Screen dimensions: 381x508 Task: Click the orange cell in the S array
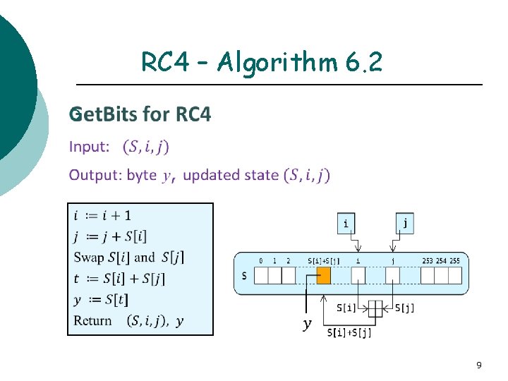click(324, 275)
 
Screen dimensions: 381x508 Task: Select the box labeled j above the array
click(405, 224)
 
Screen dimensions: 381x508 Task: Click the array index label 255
click(454, 261)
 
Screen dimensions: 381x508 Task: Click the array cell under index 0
click(260, 275)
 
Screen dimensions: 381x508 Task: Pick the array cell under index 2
click(288, 275)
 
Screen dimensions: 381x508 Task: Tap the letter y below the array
click(306, 324)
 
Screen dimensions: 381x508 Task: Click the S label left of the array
click(244, 275)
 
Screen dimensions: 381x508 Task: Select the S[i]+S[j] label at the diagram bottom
click(349, 332)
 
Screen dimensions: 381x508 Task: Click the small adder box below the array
click(375, 308)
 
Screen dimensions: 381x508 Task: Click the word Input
click(89, 147)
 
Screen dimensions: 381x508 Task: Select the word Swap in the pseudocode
click(88, 257)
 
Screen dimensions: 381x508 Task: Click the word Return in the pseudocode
click(93, 321)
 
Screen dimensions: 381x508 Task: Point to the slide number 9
click(479, 365)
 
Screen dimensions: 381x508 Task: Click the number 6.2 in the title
click(365, 63)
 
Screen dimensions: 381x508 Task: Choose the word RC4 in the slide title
click(164, 63)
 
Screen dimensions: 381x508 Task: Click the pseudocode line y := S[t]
click(100, 300)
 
